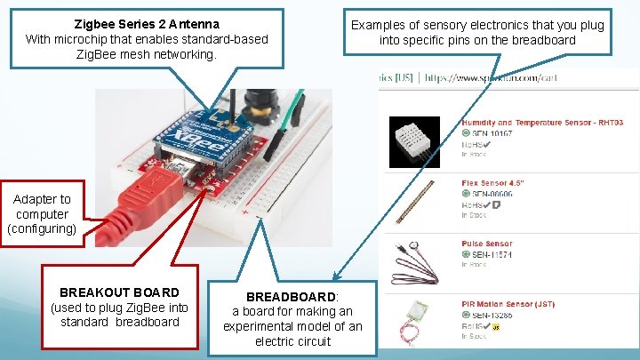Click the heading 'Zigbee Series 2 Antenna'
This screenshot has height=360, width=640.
pos(147,24)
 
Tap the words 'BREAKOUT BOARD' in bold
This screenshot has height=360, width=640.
pos(119,292)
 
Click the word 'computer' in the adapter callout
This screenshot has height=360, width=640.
pos(42,214)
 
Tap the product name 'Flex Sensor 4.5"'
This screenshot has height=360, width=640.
pos(492,183)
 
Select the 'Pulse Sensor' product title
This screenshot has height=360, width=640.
pos(486,243)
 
